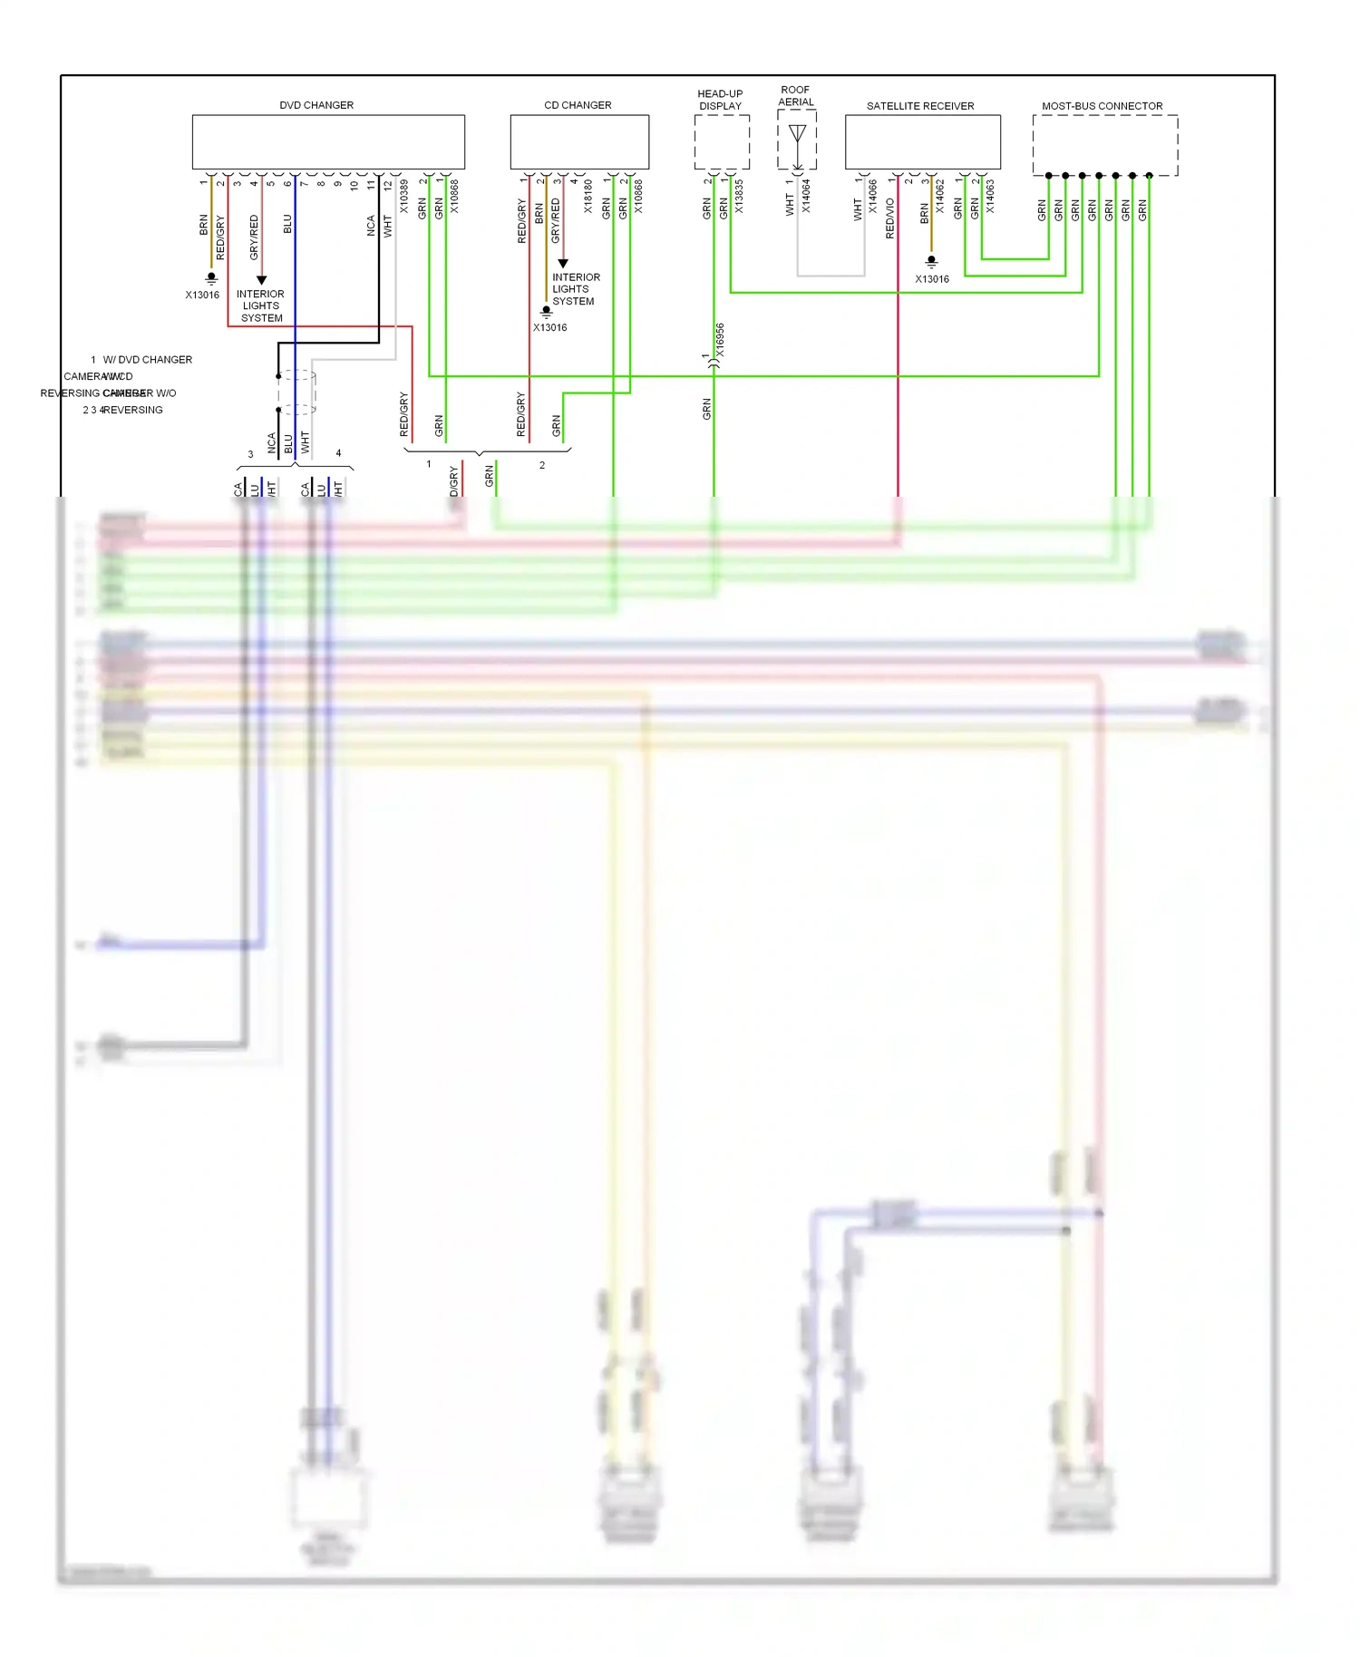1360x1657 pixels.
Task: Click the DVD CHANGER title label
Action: tap(316, 105)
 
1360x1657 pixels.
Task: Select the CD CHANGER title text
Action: tap(578, 105)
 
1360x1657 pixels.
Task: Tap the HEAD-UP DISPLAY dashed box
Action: tap(722, 142)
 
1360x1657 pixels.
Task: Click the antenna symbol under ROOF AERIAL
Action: tap(797, 135)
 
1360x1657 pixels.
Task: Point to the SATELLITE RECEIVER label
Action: tap(920, 106)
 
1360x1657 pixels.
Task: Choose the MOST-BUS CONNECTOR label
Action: tap(1102, 106)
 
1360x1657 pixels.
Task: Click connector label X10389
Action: tap(404, 197)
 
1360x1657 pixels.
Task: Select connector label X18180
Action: tap(588, 197)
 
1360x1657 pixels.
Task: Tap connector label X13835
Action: tap(739, 197)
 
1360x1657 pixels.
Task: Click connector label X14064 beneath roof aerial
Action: tap(806, 197)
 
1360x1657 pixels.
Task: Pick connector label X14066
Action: tap(873, 197)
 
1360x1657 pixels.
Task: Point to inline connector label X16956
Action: tap(720, 340)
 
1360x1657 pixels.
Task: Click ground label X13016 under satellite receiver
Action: tap(932, 279)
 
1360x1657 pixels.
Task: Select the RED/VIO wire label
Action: tap(890, 218)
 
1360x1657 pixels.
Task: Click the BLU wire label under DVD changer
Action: tap(287, 223)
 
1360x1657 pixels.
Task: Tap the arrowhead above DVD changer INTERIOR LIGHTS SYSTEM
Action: tap(261, 280)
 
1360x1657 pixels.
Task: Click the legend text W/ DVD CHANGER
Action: tap(148, 360)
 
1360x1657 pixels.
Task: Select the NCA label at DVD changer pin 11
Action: tap(371, 226)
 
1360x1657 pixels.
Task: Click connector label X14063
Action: tap(990, 197)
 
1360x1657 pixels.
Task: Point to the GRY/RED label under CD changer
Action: tap(556, 221)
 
